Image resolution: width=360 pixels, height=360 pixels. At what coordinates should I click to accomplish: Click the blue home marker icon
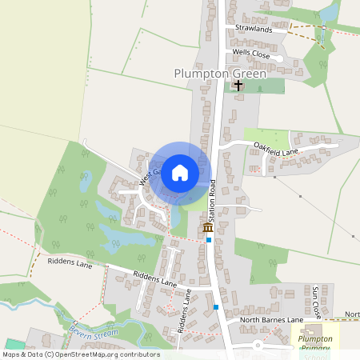pyautogui.click(x=180, y=172)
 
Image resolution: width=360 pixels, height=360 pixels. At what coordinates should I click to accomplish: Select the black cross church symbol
pyautogui.click(x=238, y=84)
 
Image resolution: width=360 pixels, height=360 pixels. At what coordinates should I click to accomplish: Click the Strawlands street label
pyautogui.click(x=254, y=29)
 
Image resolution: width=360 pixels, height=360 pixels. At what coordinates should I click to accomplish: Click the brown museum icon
pyautogui.click(x=208, y=228)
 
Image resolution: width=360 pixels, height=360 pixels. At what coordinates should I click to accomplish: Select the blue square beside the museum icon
pyautogui.click(x=209, y=239)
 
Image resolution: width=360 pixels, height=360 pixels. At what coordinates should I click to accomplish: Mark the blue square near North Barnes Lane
pyautogui.click(x=216, y=306)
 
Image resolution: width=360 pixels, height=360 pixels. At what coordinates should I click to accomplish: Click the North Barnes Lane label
pyautogui.click(x=272, y=320)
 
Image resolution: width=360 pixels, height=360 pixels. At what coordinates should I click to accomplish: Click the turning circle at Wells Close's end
pyautogui.click(x=278, y=58)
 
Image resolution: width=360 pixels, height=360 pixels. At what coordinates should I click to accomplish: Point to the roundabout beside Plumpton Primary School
pyautogui.click(x=258, y=346)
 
